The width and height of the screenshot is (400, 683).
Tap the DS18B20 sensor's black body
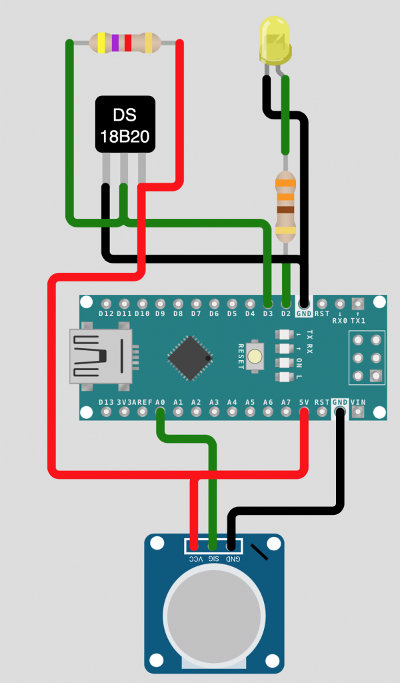point(125,124)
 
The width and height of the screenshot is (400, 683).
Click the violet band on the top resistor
point(115,43)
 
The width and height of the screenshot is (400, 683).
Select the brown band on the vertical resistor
point(285,210)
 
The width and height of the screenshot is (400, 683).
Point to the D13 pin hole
point(106,412)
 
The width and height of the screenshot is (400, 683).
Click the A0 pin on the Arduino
point(160,412)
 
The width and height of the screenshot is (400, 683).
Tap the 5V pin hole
point(304,412)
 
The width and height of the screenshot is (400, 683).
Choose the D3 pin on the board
point(268,303)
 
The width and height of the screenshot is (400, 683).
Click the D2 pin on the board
point(285,303)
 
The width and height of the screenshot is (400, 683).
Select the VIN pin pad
point(358,412)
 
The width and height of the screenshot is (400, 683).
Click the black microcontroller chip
point(190,358)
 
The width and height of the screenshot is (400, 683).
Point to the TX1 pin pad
point(358,303)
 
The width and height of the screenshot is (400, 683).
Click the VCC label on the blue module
point(196,559)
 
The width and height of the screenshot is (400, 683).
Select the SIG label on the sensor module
point(213,559)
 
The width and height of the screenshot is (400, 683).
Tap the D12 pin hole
point(106,303)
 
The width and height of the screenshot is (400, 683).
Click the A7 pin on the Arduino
point(285,412)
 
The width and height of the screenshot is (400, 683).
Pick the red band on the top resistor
point(128,43)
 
